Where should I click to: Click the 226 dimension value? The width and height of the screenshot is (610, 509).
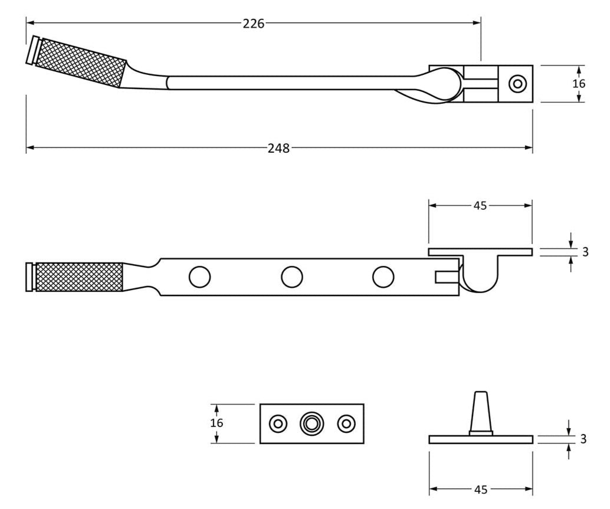(254, 23)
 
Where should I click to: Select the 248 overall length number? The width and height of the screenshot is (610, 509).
(278, 148)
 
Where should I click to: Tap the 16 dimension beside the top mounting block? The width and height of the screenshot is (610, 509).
(579, 83)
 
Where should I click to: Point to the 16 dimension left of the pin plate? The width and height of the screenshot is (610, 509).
(217, 423)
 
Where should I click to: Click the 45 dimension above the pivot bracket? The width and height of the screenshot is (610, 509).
(480, 206)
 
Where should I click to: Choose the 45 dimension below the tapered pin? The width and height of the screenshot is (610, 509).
(480, 489)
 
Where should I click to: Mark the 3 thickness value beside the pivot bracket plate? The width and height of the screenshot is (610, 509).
(585, 252)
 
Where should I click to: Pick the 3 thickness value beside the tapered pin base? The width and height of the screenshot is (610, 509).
(583, 439)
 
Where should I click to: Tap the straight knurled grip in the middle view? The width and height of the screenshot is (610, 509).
(79, 277)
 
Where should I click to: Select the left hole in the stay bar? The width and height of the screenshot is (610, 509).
(199, 277)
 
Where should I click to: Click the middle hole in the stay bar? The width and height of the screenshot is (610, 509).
(291, 277)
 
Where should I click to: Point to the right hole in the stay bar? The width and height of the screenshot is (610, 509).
(383, 277)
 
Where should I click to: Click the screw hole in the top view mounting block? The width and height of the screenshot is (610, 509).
(517, 84)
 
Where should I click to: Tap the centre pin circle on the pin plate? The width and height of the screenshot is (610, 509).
(311, 423)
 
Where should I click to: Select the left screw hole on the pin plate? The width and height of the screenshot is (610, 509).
(277, 423)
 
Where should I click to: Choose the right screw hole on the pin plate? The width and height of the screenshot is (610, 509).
(346, 423)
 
